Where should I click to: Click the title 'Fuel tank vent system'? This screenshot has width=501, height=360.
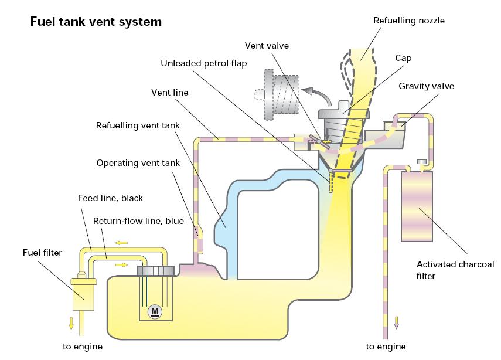click(x=96, y=22)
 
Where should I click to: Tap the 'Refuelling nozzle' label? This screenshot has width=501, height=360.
click(x=409, y=21)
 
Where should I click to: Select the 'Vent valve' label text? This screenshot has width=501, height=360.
click(x=267, y=45)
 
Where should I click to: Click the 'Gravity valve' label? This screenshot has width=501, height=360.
click(x=427, y=86)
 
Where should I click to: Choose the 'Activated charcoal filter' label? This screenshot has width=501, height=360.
click(x=447, y=270)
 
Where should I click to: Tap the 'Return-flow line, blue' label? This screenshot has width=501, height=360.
click(x=138, y=221)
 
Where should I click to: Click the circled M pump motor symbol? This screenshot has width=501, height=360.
click(x=155, y=311)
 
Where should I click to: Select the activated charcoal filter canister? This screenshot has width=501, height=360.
click(x=417, y=206)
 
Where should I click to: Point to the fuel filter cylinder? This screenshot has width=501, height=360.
click(x=83, y=293)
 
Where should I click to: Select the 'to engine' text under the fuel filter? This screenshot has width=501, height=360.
click(x=83, y=346)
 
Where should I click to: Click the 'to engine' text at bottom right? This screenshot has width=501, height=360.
click(x=386, y=346)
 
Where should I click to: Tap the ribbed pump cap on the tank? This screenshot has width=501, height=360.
click(x=157, y=270)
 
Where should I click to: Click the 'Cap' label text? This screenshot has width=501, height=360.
click(x=403, y=58)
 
